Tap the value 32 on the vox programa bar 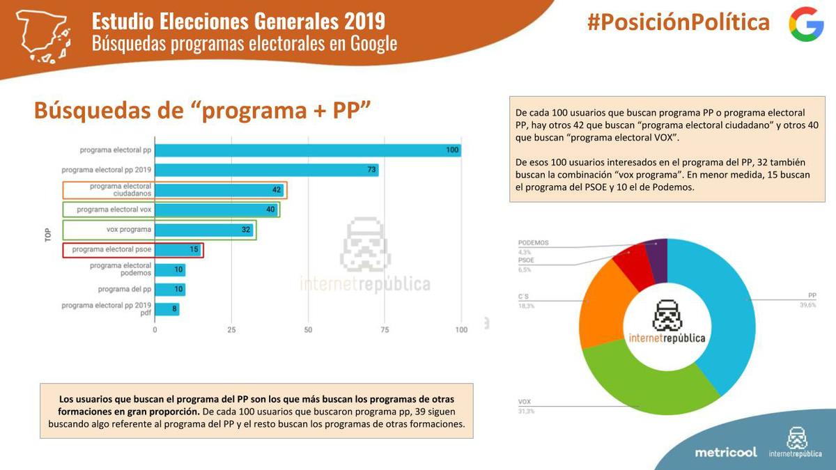coord(245,230)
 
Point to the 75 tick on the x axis coord(385,330)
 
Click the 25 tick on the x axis coord(231,330)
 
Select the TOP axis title coord(48,234)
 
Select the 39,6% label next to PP coord(807,305)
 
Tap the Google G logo coord(806,24)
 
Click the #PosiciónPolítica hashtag coord(678,22)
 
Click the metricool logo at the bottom coord(725,452)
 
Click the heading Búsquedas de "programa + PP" coord(202,110)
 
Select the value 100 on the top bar coord(453,150)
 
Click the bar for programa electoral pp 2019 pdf coord(167,309)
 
